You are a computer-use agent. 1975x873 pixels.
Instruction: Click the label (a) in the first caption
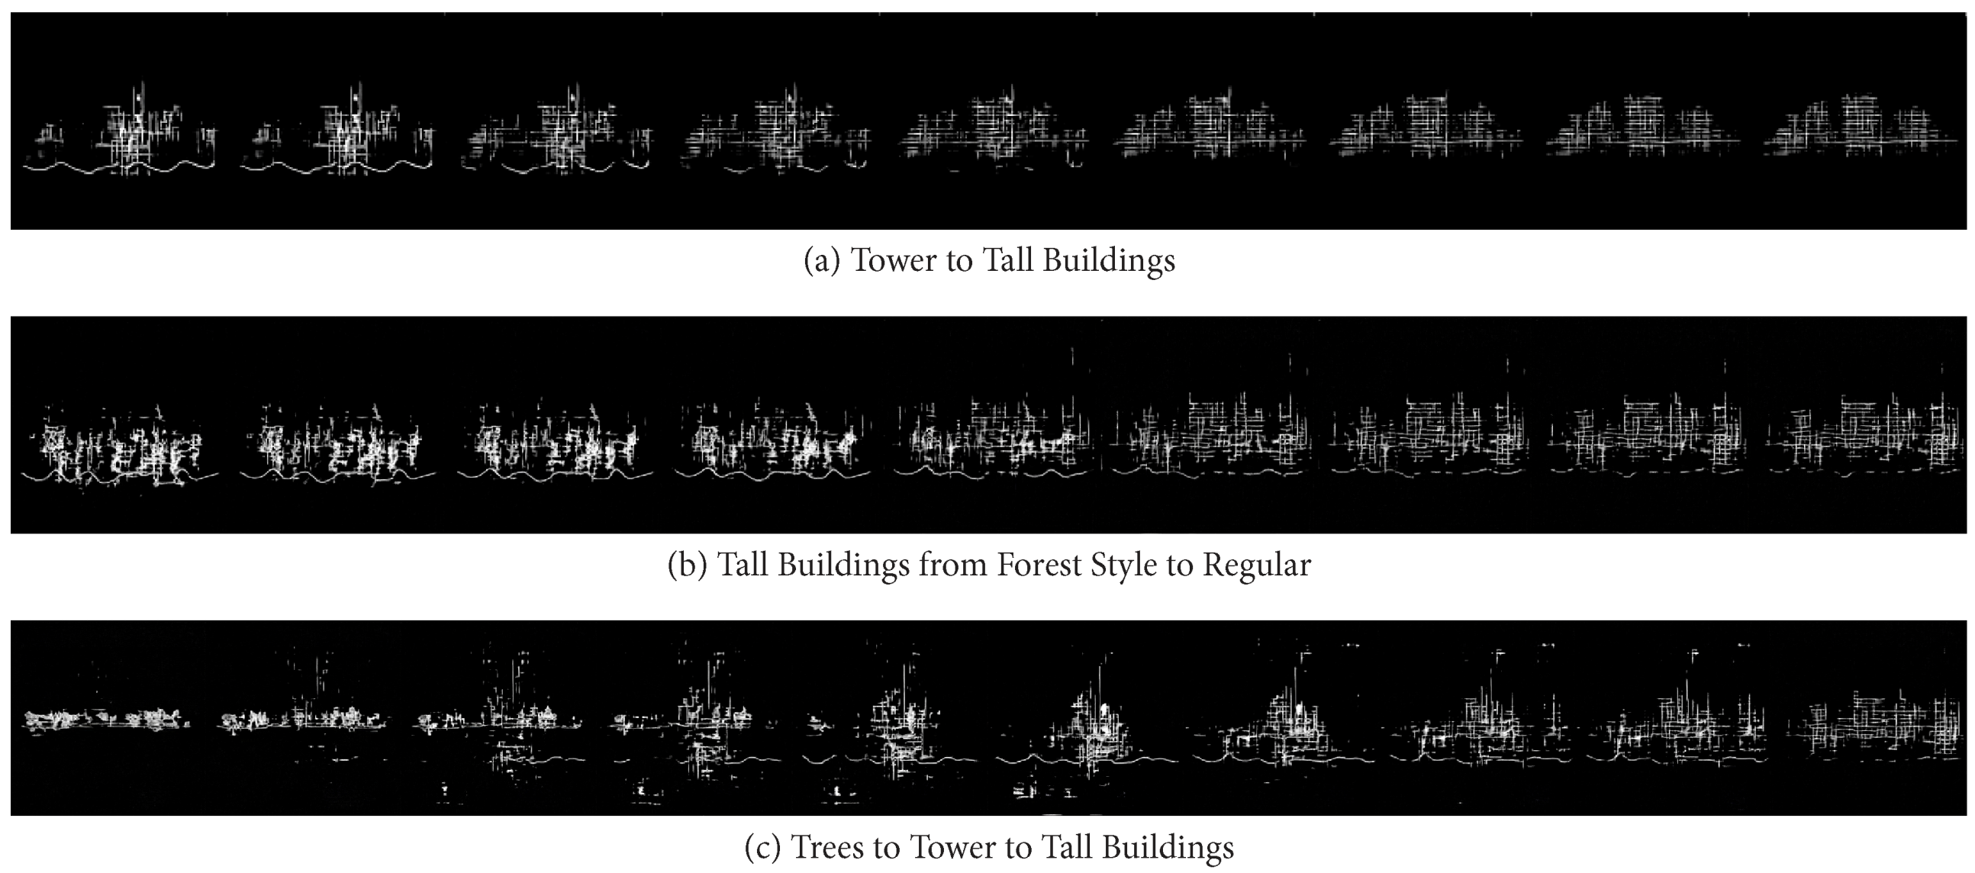821,260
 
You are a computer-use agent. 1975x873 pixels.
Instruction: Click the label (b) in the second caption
686,565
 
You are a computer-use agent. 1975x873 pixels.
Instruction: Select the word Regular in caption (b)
1257,565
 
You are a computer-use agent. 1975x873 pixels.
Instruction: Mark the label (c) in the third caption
762,847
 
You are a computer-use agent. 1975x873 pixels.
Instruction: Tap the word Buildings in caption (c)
1168,847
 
